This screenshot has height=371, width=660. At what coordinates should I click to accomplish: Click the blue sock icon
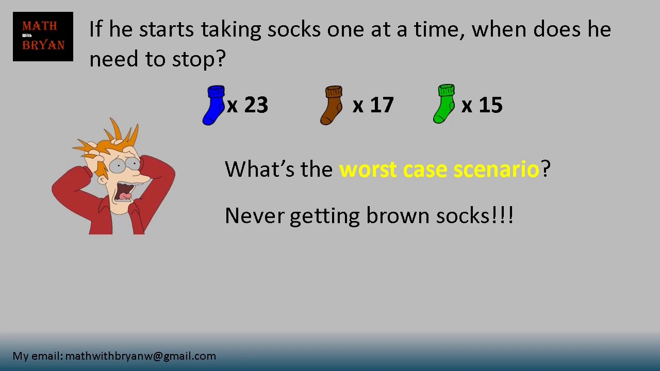(x=213, y=105)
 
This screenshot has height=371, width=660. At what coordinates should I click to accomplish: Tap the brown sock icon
(x=332, y=105)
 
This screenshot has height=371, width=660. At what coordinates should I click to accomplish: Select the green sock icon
(x=444, y=104)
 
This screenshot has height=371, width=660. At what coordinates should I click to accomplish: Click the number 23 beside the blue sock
(x=256, y=105)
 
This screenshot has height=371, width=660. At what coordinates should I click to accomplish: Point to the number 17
(x=382, y=105)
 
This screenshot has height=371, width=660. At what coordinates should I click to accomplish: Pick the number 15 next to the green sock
(x=490, y=105)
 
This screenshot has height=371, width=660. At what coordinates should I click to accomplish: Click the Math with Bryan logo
(x=43, y=37)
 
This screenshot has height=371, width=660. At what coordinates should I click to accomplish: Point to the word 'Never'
(x=254, y=215)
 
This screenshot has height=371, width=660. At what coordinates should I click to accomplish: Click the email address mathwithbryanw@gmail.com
(x=140, y=356)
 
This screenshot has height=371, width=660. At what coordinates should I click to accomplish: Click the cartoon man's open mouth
(x=124, y=192)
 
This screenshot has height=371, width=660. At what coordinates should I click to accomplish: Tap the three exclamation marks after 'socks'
(x=503, y=215)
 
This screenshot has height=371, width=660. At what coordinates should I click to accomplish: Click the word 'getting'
(x=324, y=216)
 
